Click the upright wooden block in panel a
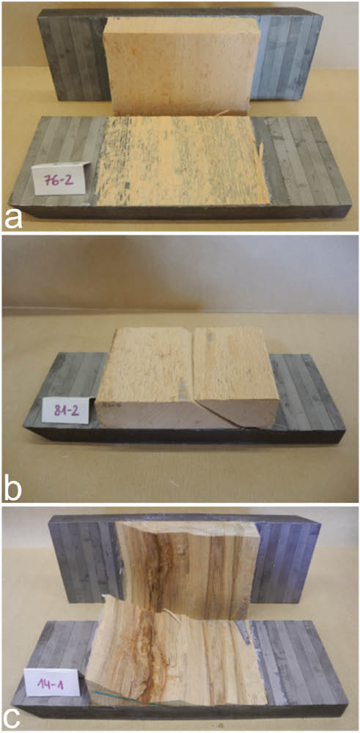pyautogui.click(x=180, y=66)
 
